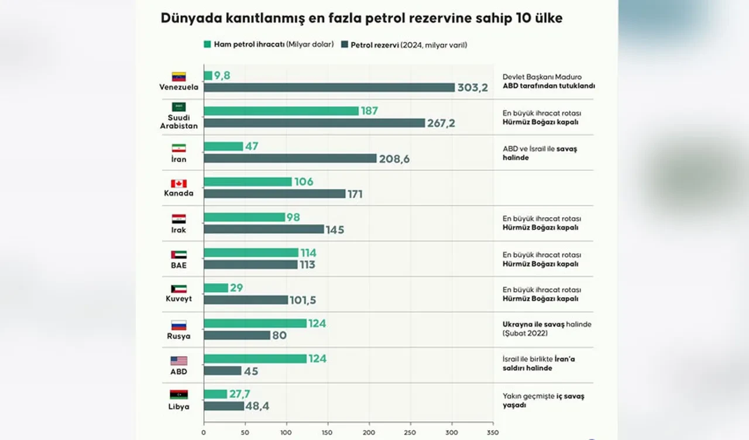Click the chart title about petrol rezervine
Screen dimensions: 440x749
coord(361,19)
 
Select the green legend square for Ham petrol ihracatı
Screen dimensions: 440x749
coord(207,44)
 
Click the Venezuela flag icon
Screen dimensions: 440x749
coord(178,77)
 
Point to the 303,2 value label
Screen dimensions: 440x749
coord(473,88)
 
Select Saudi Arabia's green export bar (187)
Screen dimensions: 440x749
coord(281,111)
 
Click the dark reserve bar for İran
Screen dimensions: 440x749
coord(290,159)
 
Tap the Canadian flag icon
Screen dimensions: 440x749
coord(178,184)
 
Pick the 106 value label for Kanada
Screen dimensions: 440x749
coord(304,182)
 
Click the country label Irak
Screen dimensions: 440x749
coord(178,230)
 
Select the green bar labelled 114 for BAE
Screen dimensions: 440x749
coord(251,253)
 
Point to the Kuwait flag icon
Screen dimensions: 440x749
coord(178,289)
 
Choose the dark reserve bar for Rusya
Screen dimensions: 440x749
coord(237,336)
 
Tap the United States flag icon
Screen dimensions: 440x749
coord(178,360)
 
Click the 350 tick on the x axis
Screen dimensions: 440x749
coord(493,433)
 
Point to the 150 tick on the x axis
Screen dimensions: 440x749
coord(328,433)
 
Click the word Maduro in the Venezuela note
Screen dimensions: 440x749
coord(578,77)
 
